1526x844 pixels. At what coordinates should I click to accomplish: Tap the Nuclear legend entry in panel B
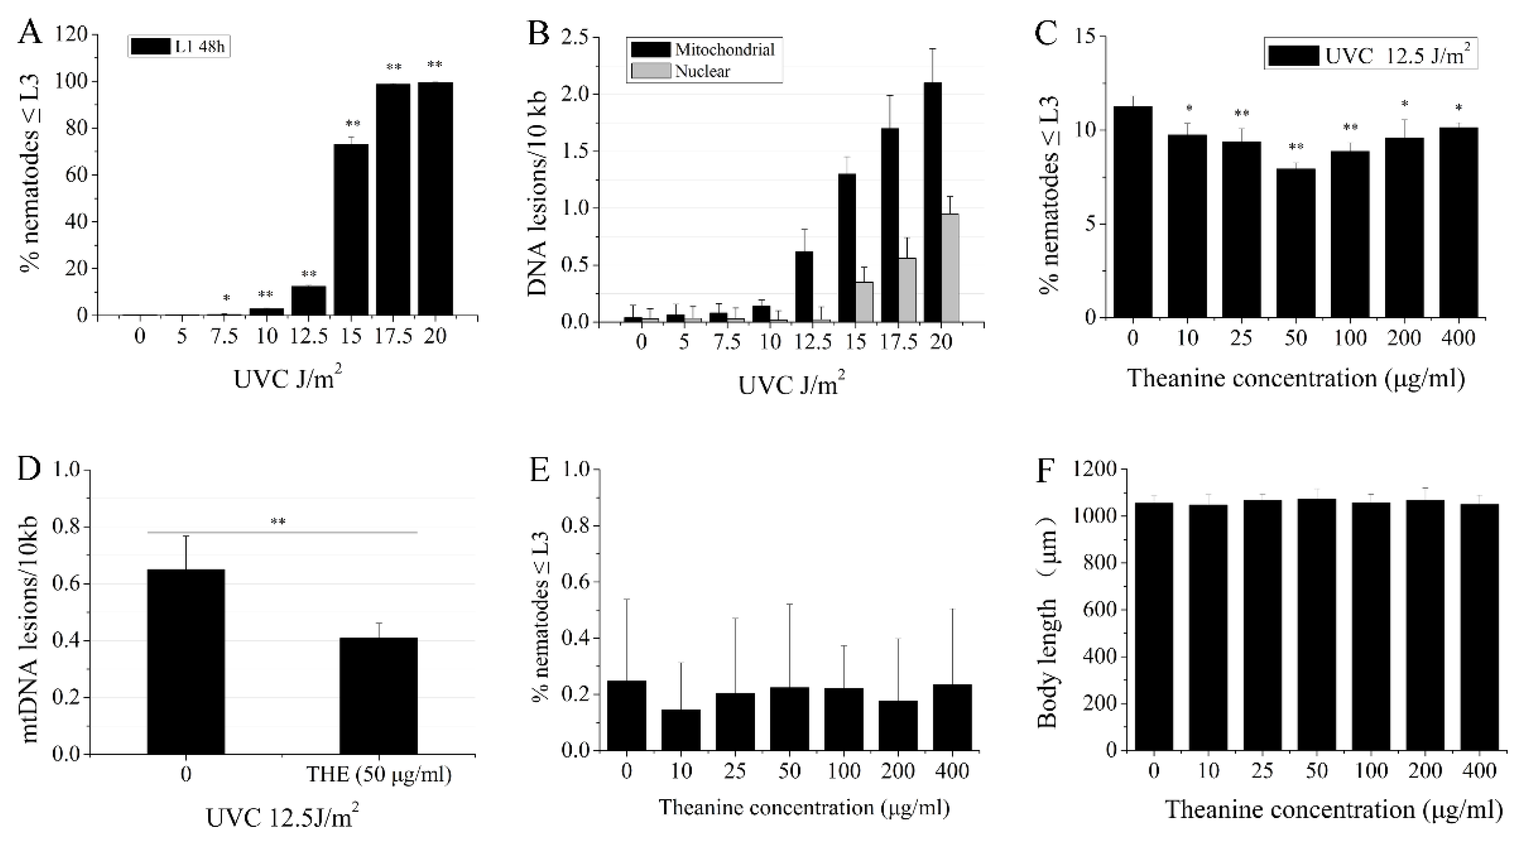pos(703,71)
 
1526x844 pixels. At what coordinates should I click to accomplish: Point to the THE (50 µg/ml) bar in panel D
pos(378,696)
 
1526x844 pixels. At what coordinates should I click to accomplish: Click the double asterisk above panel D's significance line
pos(278,522)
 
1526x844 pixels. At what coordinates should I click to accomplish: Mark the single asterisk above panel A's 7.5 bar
pos(226,298)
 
